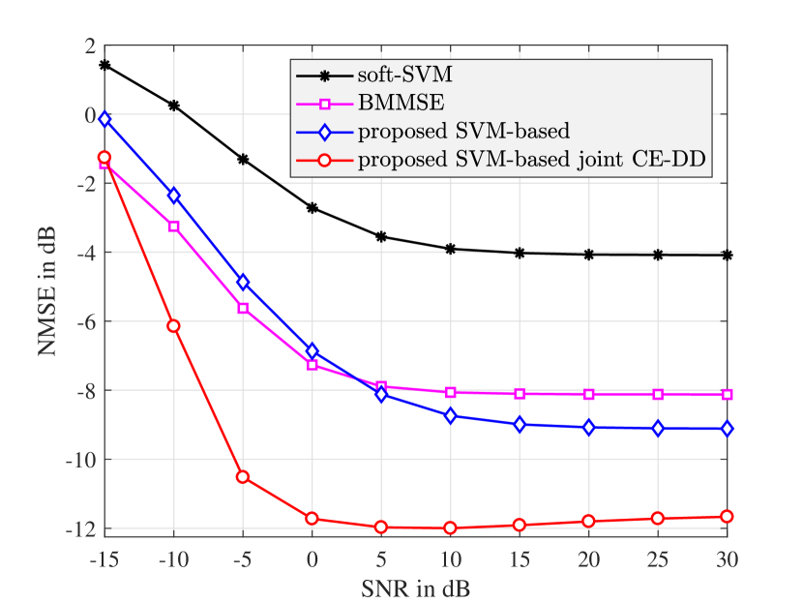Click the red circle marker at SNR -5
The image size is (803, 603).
click(x=243, y=477)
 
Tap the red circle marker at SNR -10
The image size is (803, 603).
click(x=174, y=326)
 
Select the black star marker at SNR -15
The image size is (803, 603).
click(x=104, y=65)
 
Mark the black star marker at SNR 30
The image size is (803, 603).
click(x=727, y=256)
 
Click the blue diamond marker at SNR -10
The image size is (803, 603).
click(x=174, y=196)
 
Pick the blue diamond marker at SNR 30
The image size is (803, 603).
click(x=727, y=429)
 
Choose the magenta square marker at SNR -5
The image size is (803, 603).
click(x=243, y=308)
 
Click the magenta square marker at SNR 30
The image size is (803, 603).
click(x=727, y=395)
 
